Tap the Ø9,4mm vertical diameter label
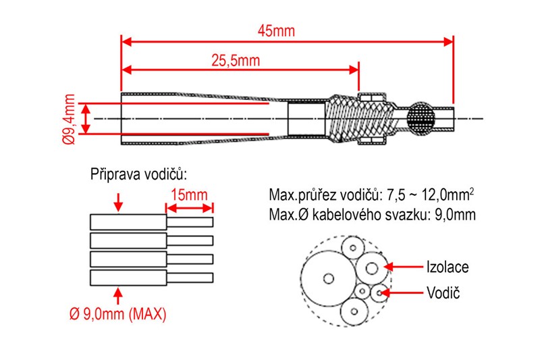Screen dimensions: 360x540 [68, 119]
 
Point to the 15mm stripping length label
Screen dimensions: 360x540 [189, 195]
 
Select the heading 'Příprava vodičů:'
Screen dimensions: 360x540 [138, 174]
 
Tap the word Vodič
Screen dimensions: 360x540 [442, 293]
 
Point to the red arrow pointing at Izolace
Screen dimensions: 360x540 [404, 267]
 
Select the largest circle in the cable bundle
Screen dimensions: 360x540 [329, 278]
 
